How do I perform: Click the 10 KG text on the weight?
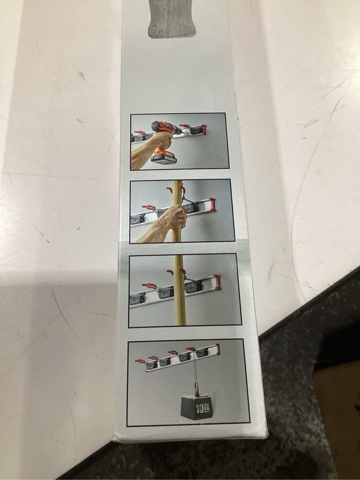[202, 408]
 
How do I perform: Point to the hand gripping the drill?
[162, 140]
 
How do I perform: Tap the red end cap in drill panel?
[203, 129]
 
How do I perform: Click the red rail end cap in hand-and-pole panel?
[211, 205]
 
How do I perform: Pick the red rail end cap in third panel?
[217, 282]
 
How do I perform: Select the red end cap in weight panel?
[217, 349]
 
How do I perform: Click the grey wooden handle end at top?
[172, 19]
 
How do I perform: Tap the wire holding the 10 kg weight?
[194, 368]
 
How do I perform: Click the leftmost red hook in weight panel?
[140, 361]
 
